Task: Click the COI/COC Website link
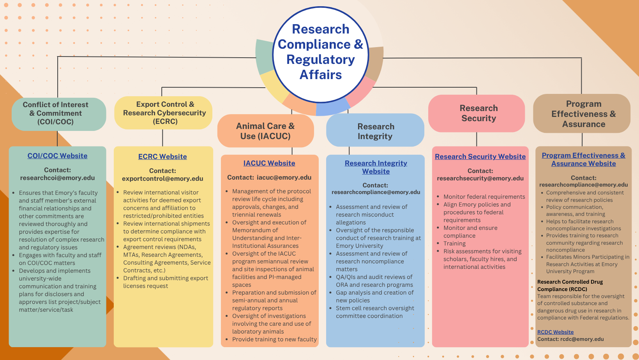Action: point(57,156)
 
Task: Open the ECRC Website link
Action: point(162,157)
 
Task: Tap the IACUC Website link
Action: point(269,163)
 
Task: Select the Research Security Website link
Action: point(480,157)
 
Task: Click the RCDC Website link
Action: point(555,332)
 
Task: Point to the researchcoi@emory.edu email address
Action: point(57,178)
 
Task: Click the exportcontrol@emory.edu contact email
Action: point(162,179)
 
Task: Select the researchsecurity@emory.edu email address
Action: point(480,178)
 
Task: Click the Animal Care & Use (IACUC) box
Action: point(265,131)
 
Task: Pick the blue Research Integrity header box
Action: point(375,131)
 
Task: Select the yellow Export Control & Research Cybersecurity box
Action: point(164,113)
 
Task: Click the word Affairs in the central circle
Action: point(320,75)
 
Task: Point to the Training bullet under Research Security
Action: point(454,244)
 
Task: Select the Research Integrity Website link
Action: point(376,167)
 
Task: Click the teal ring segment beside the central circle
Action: point(264,57)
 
